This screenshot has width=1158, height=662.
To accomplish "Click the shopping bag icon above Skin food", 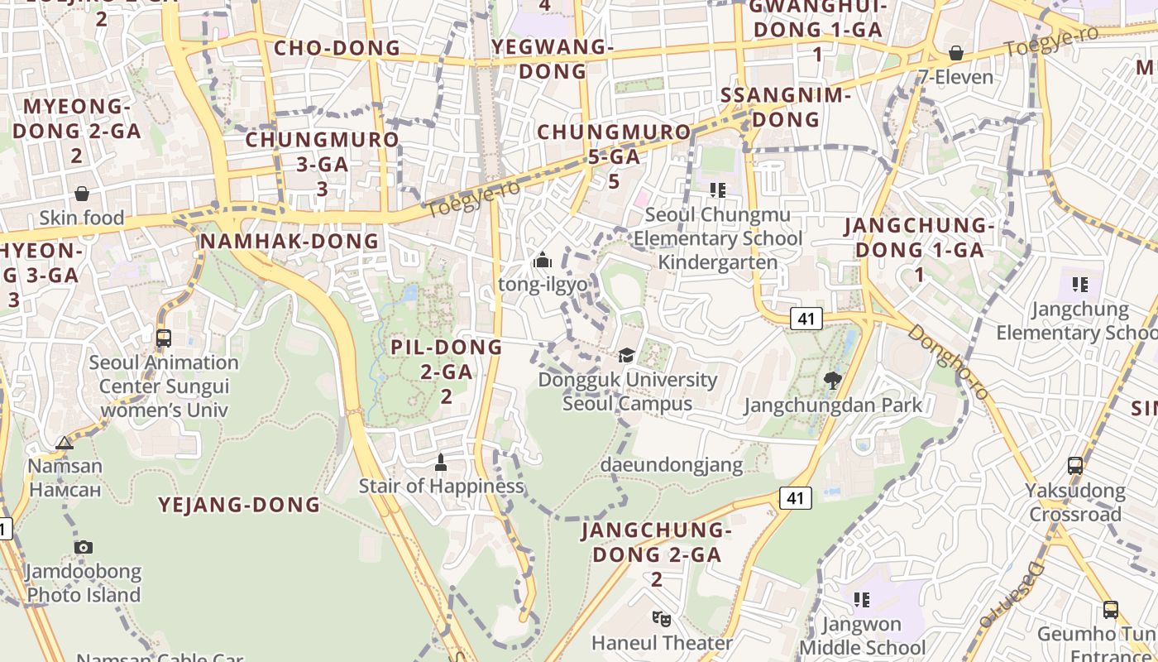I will (82, 194).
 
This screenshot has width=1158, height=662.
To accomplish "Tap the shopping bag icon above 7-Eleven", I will (956, 53).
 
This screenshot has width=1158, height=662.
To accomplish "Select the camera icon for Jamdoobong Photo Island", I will (84, 547).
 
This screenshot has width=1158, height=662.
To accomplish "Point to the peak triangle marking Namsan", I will (65, 443).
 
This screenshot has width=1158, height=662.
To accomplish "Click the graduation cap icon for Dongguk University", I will (627, 356).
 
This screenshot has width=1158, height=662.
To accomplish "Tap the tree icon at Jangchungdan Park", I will (833, 381).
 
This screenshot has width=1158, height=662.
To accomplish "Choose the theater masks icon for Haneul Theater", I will (661, 618).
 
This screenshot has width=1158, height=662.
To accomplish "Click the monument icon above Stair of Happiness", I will (441, 462).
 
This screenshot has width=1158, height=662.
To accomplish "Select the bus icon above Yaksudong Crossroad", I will (1075, 466).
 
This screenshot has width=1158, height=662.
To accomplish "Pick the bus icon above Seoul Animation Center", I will (164, 338).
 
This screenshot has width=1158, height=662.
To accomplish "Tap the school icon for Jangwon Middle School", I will (862, 599).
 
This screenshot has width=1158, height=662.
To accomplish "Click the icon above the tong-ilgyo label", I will (543, 261).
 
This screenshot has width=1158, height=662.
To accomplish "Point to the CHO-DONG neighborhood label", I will (337, 48).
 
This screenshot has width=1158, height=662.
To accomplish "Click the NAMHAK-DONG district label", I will (289, 242).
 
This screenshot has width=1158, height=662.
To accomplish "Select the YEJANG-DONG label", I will (239, 505).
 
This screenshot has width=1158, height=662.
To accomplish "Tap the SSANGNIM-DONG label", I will (786, 108).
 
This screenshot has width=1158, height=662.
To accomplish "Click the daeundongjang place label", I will (672, 465).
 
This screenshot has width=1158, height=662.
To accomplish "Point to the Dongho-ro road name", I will (948, 361).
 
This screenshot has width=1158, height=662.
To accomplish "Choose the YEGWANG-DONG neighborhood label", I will (553, 59).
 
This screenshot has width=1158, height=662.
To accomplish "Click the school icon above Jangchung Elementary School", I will (1080, 285).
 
